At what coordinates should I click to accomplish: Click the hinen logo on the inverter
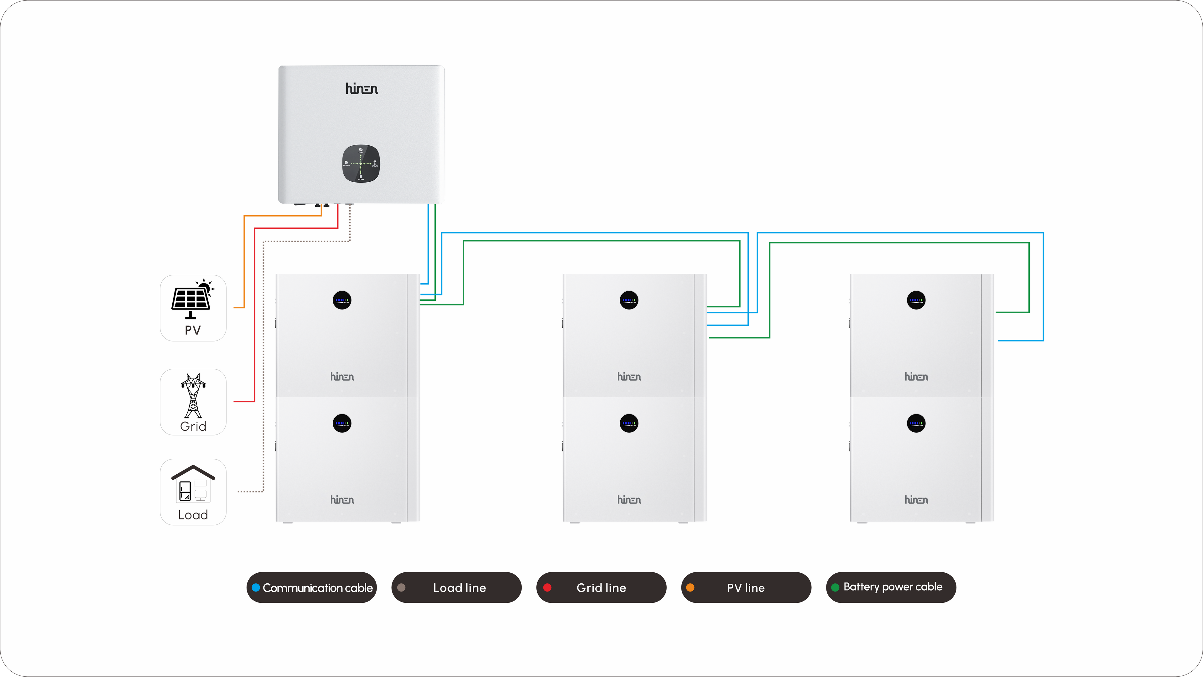pos(362,89)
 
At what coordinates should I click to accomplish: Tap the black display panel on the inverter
pos(361,164)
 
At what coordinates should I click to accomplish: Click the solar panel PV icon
pos(191,299)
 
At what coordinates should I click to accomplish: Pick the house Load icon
pos(193,484)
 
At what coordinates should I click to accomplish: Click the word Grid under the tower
pos(193,426)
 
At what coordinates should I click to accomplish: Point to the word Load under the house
pos(193,515)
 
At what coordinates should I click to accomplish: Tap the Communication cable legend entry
pos(311,587)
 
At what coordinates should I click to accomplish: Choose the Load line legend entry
pos(456,587)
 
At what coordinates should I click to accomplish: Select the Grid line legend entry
pos(601,587)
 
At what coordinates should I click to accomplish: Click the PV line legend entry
pos(746,587)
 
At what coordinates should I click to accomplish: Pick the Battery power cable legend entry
pos(891,587)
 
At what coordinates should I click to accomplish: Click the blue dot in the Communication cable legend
pos(256,587)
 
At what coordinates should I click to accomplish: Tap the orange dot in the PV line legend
pos(690,587)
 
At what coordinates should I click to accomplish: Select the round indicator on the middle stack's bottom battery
pos(629,424)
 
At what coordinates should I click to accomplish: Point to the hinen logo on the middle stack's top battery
pos(629,377)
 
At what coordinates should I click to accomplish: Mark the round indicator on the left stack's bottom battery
pos(342,424)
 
